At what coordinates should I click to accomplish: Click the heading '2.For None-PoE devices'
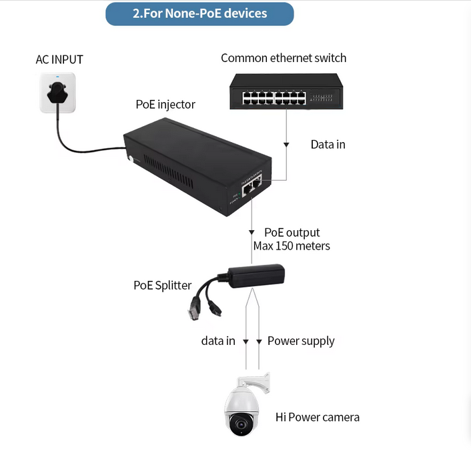tap(199, 13)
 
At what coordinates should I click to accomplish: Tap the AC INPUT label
tap(59, 59)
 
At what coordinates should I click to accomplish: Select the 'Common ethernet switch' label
tap(284, 58)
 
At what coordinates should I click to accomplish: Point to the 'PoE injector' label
tap(165, 104)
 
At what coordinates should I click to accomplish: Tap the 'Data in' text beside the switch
tap(328, 144)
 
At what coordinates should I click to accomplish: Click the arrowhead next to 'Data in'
tap(287, 144)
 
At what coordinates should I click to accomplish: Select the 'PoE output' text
tap(292, 232)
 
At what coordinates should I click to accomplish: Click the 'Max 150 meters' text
tap(292, 246)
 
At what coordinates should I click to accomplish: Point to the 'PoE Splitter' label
tap(162, 285)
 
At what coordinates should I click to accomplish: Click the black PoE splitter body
tap(256, 274)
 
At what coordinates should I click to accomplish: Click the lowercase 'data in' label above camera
tap(218, 341)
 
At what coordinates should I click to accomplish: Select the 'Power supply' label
tap(301, 341)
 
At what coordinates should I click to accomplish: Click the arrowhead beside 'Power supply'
tap(259, 341)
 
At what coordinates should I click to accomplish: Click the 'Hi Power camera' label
tap(318, 417)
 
